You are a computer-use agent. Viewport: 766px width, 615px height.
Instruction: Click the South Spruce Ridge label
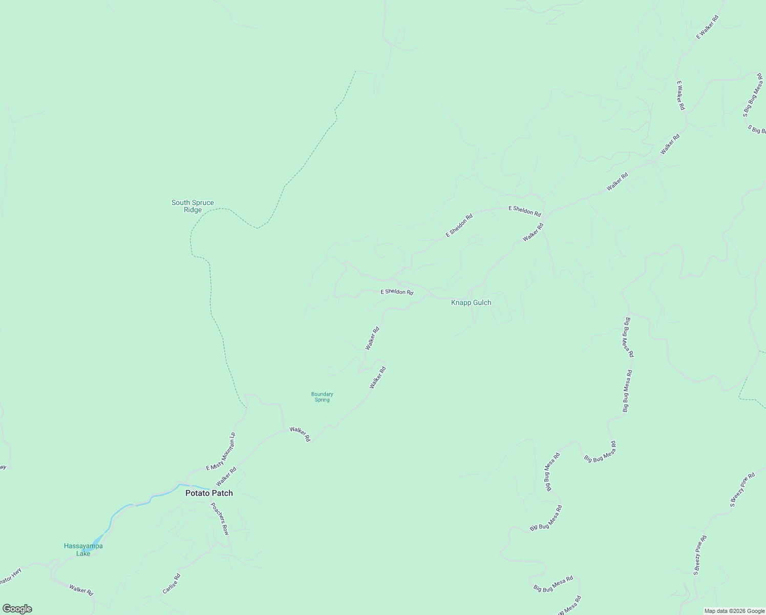point(193,206)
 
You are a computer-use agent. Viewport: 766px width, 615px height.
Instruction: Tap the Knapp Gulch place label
point(471,303)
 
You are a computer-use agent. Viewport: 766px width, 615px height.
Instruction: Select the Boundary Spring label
point(322,397)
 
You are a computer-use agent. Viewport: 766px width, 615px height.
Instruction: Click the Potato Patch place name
point(209,493)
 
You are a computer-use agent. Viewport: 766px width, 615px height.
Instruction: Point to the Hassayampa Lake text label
point(83,549)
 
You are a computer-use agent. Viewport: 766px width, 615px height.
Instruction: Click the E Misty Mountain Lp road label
point(221,452)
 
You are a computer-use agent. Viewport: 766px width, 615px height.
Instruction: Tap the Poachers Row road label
point(220,519)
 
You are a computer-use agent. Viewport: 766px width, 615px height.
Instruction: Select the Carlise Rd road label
point(172,584)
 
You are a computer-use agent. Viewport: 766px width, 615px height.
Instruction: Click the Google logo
point(17,609)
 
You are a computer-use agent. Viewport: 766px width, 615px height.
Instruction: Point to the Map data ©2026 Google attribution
point(734,611)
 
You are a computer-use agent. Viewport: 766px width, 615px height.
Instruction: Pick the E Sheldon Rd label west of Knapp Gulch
point(397,292)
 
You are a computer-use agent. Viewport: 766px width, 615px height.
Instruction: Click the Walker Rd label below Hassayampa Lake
point(81,589)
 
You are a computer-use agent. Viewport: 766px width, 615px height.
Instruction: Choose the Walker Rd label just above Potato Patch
point(226,476)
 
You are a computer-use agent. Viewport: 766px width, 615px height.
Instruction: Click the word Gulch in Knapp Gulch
point(481,303)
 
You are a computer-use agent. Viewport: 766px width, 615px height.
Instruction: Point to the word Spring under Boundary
point(322,400)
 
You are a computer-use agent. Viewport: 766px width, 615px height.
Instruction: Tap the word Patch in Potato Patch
point(223,493)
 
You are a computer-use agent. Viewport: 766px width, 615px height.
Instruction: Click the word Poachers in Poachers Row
point(217,513)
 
